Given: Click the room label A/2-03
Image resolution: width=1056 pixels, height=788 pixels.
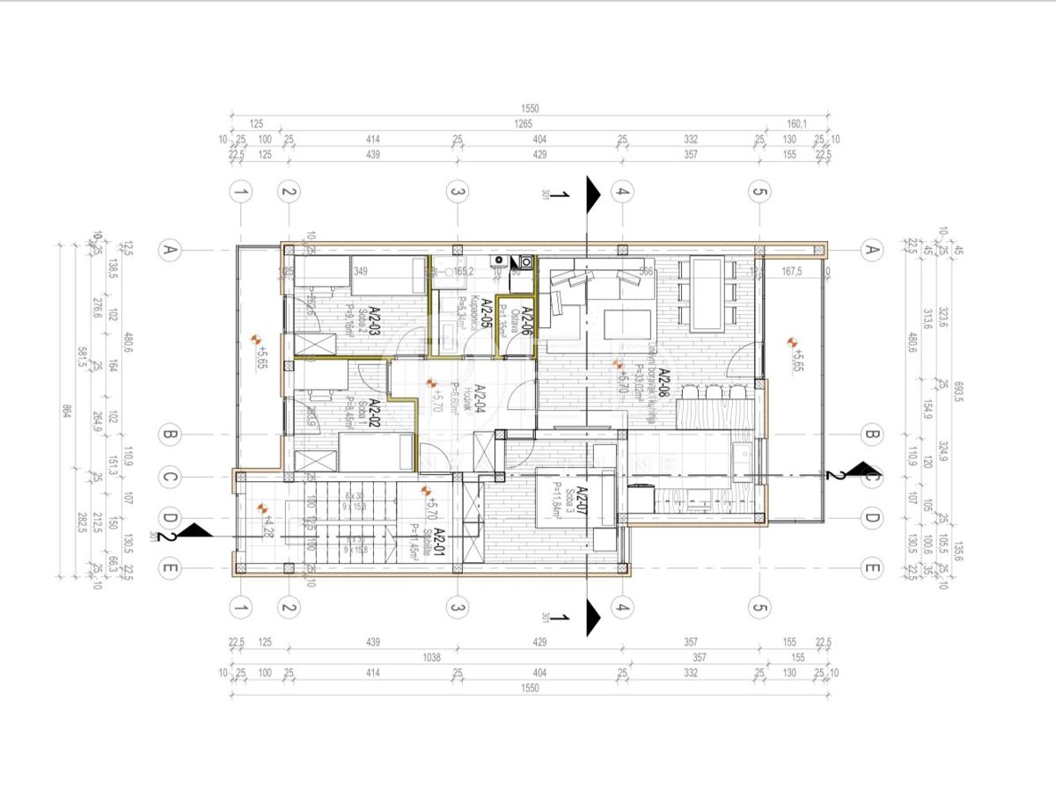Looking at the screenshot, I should [373, 322].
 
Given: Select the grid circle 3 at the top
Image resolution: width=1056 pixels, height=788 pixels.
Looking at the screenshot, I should [456, 192].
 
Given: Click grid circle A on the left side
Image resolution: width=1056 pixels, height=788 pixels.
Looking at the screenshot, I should [169, 251].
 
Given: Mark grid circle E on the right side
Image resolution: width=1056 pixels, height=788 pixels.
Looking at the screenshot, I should [872, 569].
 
